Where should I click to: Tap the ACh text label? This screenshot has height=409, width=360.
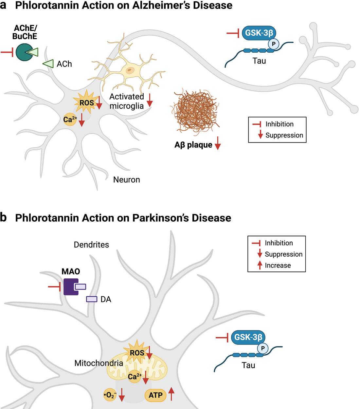64,64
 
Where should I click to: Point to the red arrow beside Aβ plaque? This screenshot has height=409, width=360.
218,144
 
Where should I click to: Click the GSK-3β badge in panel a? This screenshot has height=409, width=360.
259,33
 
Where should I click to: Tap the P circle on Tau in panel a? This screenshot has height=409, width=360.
274,44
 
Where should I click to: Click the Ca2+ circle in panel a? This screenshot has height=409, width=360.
69,120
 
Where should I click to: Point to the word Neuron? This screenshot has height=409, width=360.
126,180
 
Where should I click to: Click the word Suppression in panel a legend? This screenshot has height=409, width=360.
284,135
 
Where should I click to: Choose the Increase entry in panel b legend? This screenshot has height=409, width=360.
278,265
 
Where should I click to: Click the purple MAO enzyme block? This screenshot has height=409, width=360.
70,287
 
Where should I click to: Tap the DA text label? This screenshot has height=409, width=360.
106,299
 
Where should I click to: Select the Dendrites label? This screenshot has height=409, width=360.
91,245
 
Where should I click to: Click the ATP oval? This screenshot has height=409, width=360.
155,395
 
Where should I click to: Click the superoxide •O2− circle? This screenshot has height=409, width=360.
110,395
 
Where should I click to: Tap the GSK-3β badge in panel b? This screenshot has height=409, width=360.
248,337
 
